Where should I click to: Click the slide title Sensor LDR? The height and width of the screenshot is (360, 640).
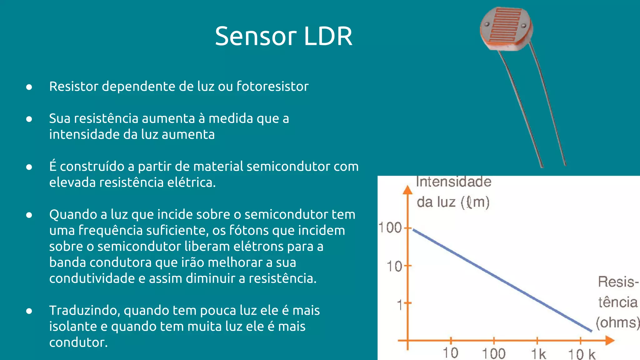tap(283, 36)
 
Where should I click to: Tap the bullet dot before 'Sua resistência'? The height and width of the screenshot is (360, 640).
tap(29, 119)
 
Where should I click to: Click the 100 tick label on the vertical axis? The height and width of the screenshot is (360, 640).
tap(390, 227)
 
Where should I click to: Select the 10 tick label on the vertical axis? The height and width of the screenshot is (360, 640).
tap(394, 267)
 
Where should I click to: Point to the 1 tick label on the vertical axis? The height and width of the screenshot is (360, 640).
tap(399, 304)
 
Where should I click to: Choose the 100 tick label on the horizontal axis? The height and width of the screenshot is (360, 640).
tap(494, 354)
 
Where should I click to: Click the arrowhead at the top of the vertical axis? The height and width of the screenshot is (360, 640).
tap(407, 190)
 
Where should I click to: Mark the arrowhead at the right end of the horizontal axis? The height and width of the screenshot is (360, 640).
tap(610, 340)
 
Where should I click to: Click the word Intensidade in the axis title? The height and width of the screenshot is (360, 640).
tap(453, 182)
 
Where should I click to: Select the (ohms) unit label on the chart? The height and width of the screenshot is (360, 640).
tap(617, 322)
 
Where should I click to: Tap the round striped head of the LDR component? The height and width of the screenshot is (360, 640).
tap(506, 28)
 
